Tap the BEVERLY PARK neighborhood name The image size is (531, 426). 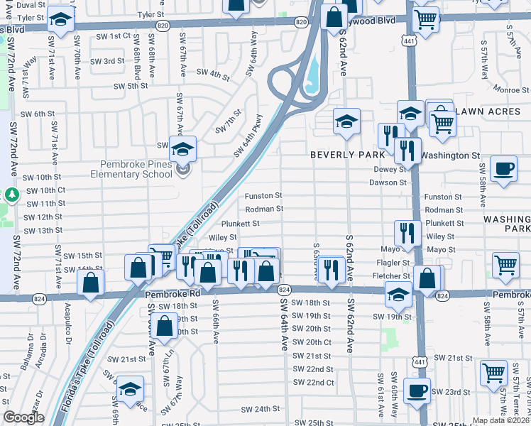tap(347, 154)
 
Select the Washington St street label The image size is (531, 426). tap(450, 155)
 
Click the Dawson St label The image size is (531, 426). tap(388, 182)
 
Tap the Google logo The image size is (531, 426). tap(23, 417)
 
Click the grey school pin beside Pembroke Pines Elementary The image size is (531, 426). tap(184, 170)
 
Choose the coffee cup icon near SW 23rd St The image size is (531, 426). tap(417, 390)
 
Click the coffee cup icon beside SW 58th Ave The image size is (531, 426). tap(504, 169)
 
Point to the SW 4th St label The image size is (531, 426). tap(213, 72)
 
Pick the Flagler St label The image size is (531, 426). tap(396, 263)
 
